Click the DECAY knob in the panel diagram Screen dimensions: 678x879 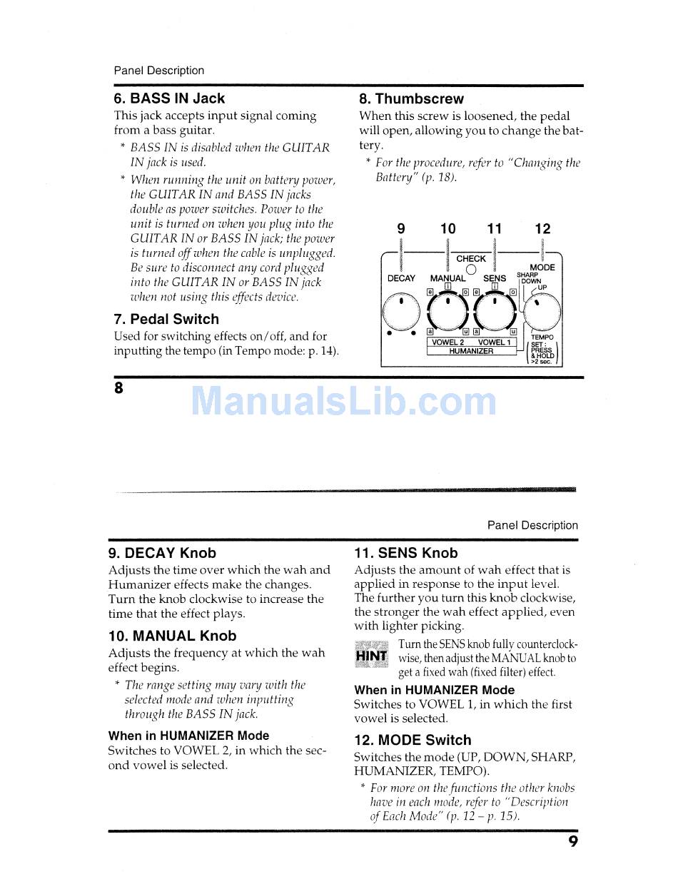pos(401,311)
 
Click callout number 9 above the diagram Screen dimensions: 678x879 pos(401,229)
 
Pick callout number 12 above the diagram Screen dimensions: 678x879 pos(542,229)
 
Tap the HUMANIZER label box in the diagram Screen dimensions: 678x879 pos(471,351)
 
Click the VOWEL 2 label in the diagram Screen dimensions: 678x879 pos(448,342)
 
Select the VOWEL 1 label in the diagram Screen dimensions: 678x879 pos(494,342)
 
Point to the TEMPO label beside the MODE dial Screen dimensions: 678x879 pos(542,337)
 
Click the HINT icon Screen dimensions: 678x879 pos(372,656)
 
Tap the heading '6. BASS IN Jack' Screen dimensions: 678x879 pos(169,98)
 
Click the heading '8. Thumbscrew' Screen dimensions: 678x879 pos(411,99)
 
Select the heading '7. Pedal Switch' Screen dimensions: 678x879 pos(166,319)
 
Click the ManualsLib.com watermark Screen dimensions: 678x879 pos(343,401)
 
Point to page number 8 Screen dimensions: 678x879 pos(118,388)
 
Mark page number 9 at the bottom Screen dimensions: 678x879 pos(573,842)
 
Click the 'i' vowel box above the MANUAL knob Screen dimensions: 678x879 pos(447,286)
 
